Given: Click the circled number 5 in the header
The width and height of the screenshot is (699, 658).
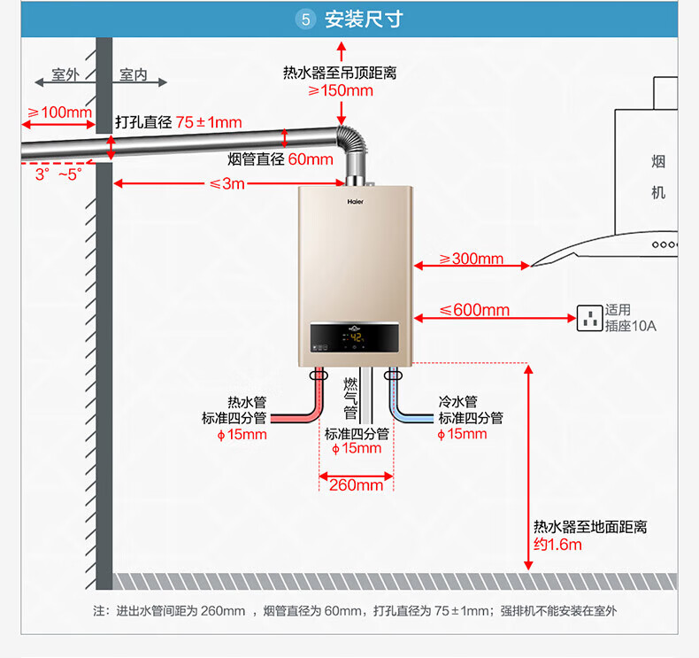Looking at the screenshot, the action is click(x=305, y=19).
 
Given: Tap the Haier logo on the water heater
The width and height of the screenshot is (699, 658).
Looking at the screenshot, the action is click(x=356, y=202).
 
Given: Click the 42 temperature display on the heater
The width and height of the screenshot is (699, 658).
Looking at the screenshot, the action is click(x=357, y=337).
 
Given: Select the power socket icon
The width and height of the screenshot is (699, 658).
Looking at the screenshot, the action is click(x=589, y=318).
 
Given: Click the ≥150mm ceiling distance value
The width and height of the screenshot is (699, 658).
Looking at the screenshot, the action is click(x=341, y=90).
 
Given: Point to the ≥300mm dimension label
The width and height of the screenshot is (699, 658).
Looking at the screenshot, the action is click(x=472, y=259).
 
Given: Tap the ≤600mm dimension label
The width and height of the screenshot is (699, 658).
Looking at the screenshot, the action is click(x=474, y=310).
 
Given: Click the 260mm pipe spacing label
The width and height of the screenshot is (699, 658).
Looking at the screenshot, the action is click(x=357, y=485).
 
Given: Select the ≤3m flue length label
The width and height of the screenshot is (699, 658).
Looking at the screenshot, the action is click(x=227, y=183).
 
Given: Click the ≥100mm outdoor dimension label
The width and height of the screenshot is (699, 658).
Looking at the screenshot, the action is click(x=60, y=112).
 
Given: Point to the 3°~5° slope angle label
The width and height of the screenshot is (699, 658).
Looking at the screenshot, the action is click(x=59, y=174).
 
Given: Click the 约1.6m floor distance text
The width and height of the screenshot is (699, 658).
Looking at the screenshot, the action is click(x=557, y=545).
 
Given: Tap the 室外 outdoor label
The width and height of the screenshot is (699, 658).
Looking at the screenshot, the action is click(x=65, y=74).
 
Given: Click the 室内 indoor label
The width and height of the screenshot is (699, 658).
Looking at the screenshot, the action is click(x=134, y=74).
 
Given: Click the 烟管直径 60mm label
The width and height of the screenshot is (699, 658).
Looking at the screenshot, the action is click(x=280, y=159).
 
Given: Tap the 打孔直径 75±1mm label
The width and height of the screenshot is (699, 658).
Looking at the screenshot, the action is click(x=179, y=122).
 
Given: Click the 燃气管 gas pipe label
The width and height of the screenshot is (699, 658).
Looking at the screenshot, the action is click(x=350, y=399).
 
